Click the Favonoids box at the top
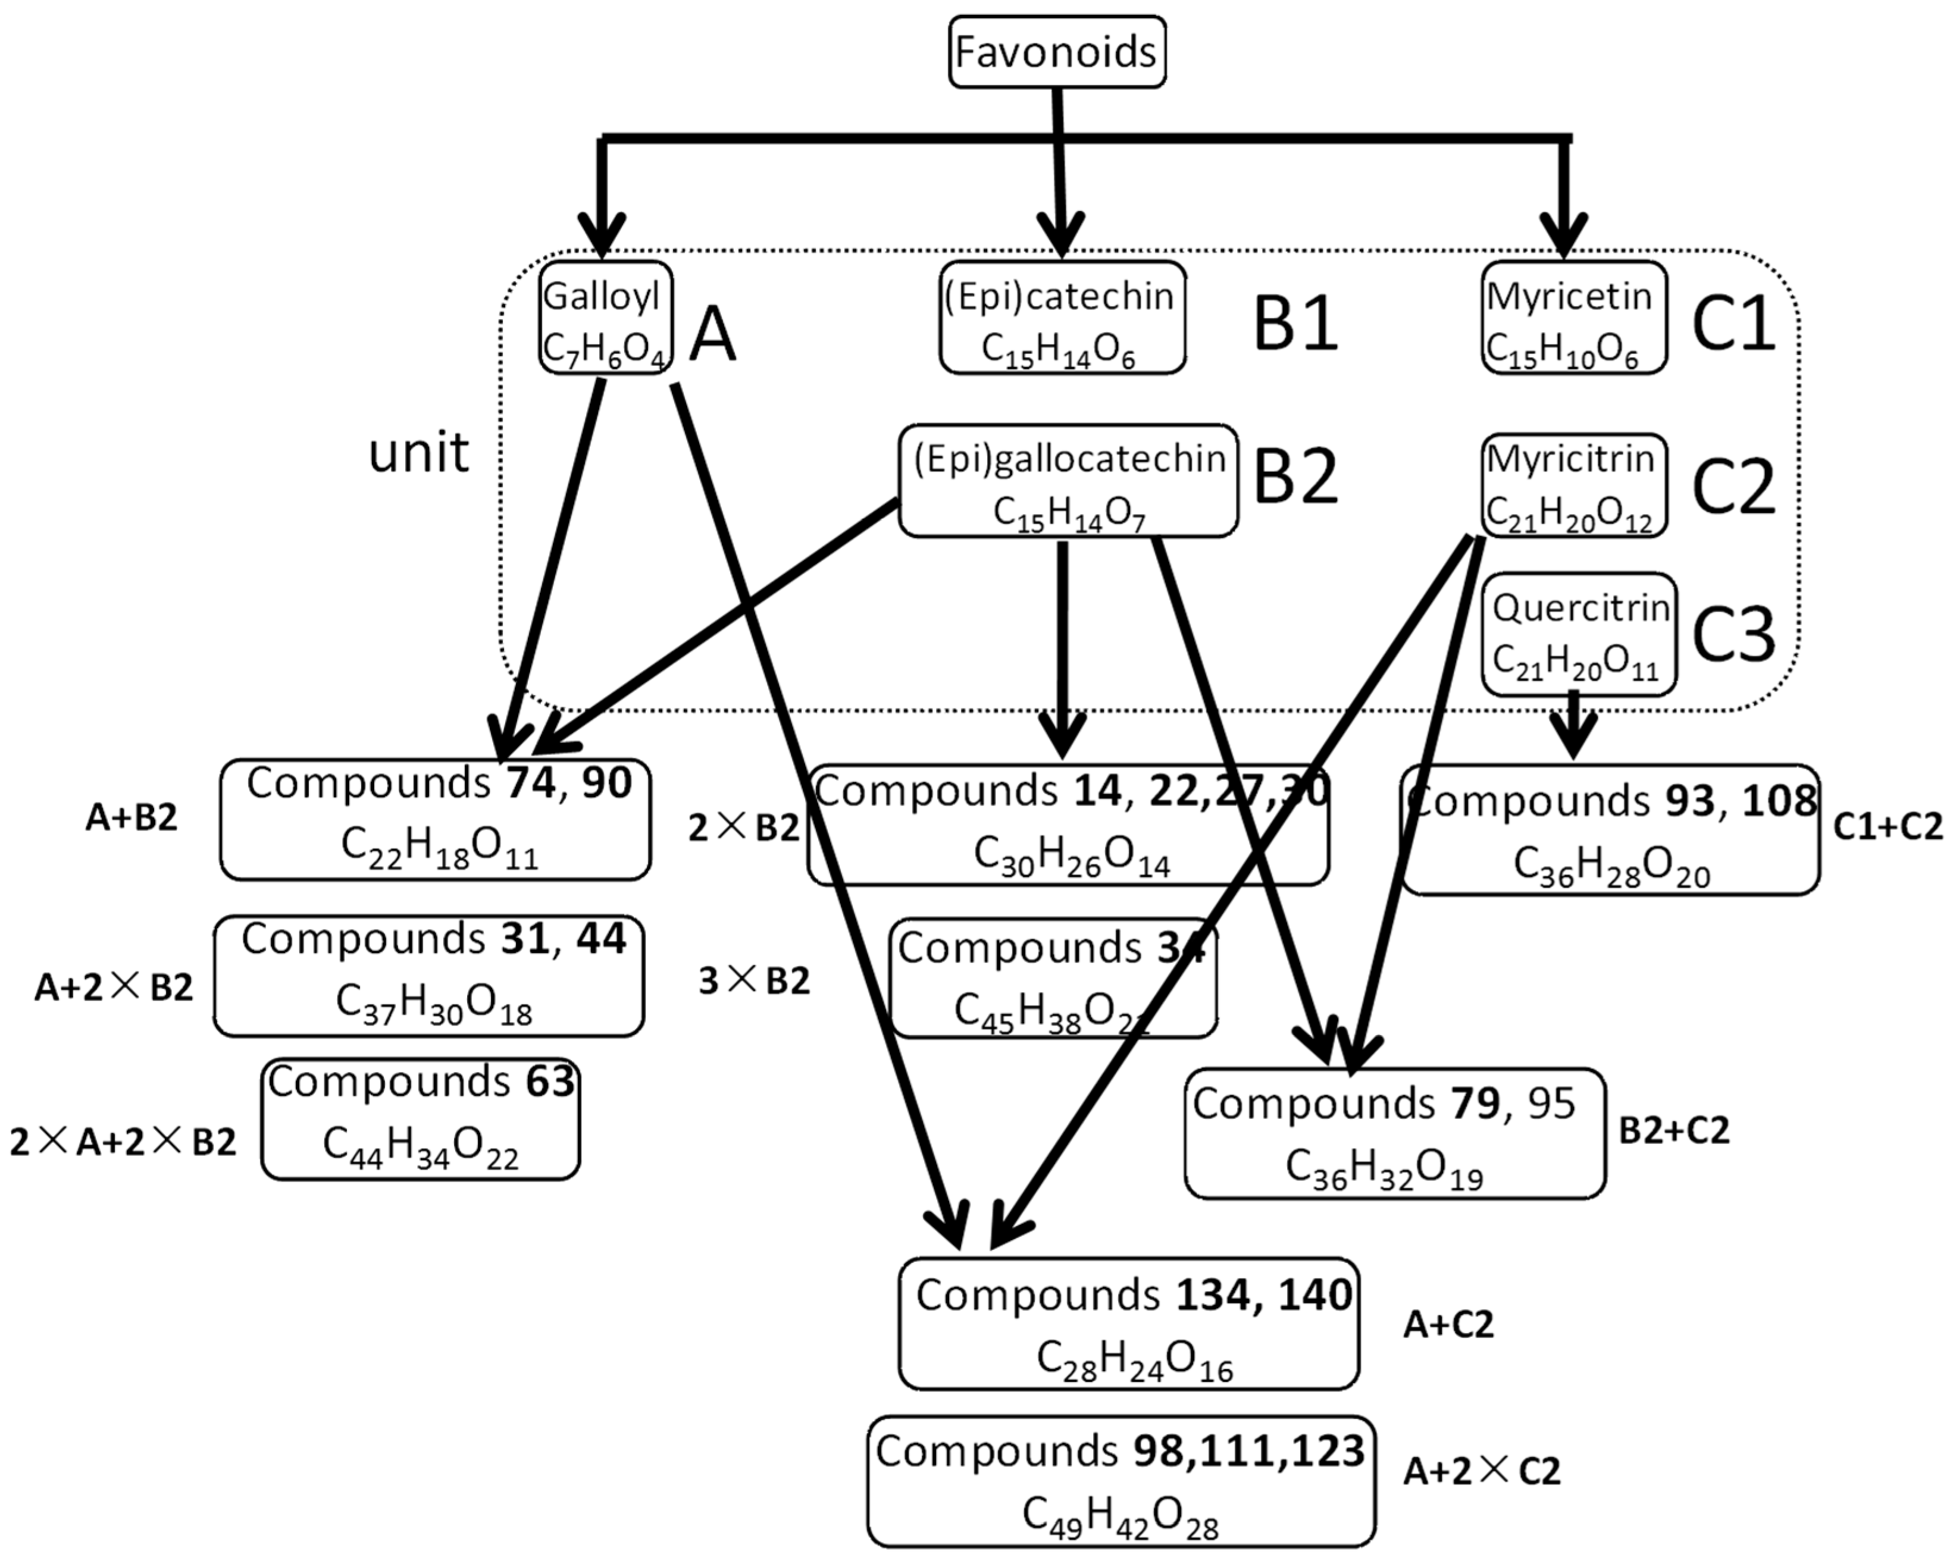1056,52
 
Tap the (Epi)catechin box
1062,318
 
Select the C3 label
1732,634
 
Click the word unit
419,452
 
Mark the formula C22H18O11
440,848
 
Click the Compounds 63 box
421,1119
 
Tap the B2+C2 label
1673,1130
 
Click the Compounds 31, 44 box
428,975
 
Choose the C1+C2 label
1887,826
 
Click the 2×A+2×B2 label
123,1142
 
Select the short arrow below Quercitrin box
1574,726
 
